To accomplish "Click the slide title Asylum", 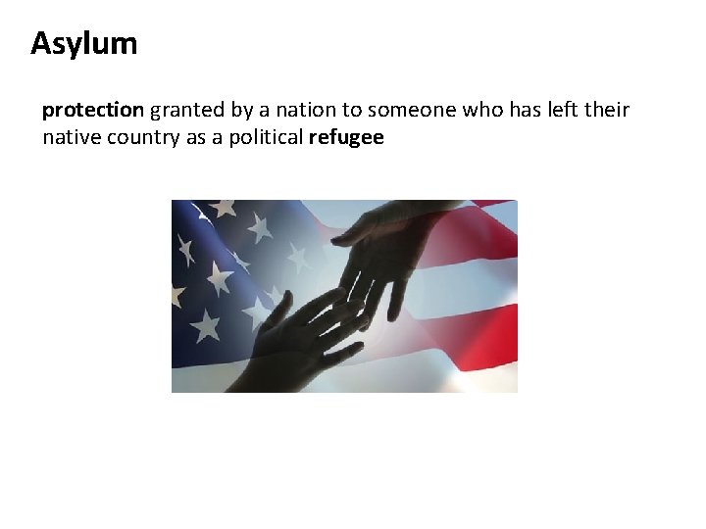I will pos(84,44).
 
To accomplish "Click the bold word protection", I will pos(93,110).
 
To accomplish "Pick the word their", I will pos(607,110).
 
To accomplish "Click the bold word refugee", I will pos(345,138).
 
